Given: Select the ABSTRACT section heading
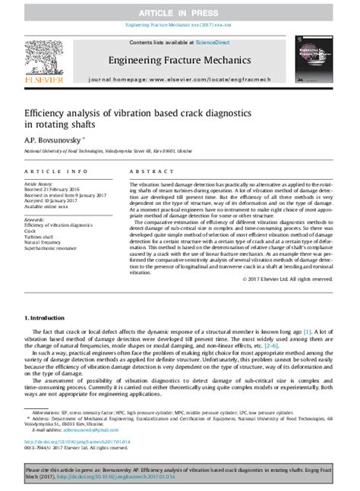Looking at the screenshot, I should coord(148,172).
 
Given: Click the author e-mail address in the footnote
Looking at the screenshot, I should coord(77,428).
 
